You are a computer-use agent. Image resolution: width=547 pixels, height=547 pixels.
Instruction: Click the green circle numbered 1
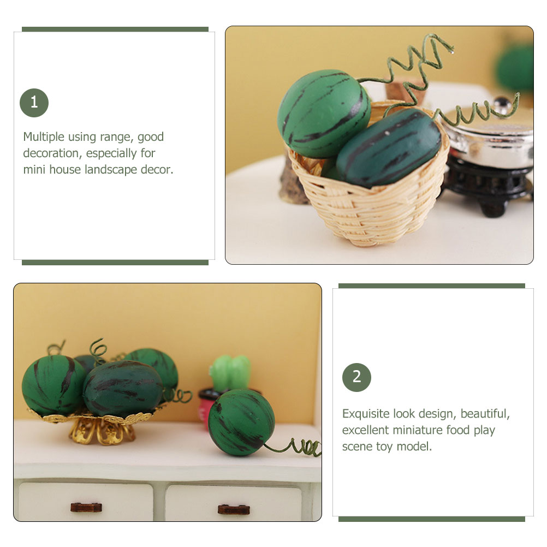click(34, 103)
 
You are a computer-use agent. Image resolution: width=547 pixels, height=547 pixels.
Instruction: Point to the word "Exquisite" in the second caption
click(366, 414)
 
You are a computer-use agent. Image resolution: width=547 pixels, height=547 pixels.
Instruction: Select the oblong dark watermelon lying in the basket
click(389, 148)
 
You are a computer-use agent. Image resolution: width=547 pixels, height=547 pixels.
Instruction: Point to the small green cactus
click(230, 373)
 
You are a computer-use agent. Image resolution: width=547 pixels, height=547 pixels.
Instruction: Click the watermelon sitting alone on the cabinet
click(241, 422)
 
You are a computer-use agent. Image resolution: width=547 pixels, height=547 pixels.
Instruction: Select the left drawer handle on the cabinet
click(86, 507)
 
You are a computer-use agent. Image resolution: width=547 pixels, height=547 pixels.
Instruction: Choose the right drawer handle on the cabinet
click(234, 509)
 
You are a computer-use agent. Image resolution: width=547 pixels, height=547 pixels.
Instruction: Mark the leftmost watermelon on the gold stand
click(53, 385)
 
